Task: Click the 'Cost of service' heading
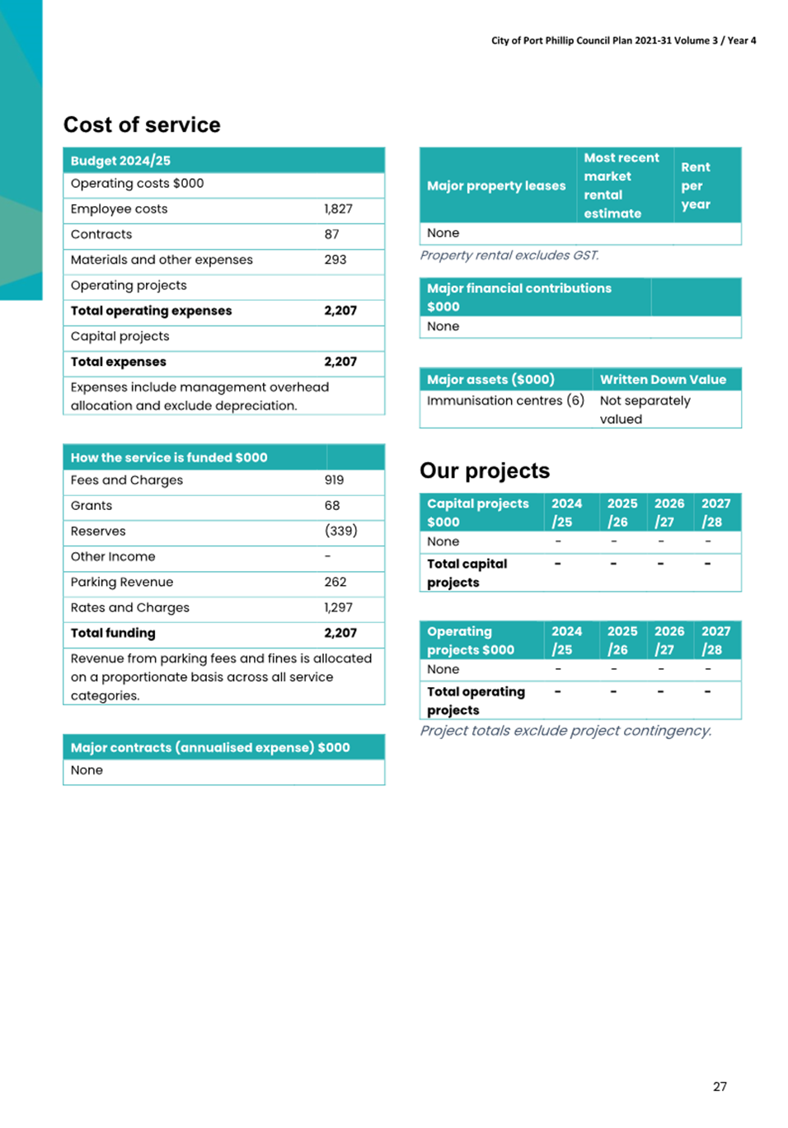pos(142,125)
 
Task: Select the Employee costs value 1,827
pos(338,209)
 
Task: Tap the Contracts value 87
pos(331,235)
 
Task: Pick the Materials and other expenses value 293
pos(335,260)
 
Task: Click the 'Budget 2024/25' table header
pos(120,161)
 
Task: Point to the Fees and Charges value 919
pos(334,480)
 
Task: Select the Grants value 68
pos(331,506)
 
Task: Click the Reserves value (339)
pos(340,531)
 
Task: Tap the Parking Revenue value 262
pos(335,583)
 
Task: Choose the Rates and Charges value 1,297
pos(338,608)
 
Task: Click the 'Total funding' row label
pos(113,634)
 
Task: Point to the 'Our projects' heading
pos(485,471)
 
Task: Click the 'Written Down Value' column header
pos(663,380)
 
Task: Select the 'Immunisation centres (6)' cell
pos(505,401)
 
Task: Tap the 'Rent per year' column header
pos(696,186)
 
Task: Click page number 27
pos(720,1087)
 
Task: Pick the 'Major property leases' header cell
pos(496,186)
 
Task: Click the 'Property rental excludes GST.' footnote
pos(509,255)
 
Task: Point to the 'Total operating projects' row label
pos(476,701)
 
